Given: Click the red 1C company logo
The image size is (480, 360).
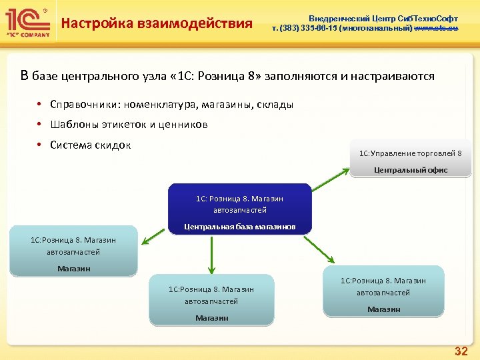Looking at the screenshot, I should click(x=27, y=22).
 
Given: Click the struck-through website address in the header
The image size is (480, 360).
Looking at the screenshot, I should click(x=436, y=29).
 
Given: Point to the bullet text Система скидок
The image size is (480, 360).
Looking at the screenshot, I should click(x=91, y=145).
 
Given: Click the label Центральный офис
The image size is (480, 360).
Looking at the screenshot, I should click(x=411, y=170).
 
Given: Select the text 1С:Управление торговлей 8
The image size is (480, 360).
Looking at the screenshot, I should click(x=411, y=153).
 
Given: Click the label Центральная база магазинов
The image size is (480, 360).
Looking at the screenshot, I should click(x=239, y=227).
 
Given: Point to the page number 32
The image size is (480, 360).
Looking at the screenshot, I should click(x=461, y=351).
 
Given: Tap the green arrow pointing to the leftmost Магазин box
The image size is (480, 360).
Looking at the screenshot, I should click(x=154, y=233).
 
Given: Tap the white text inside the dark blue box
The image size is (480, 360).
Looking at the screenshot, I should click(x=239, y=204).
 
